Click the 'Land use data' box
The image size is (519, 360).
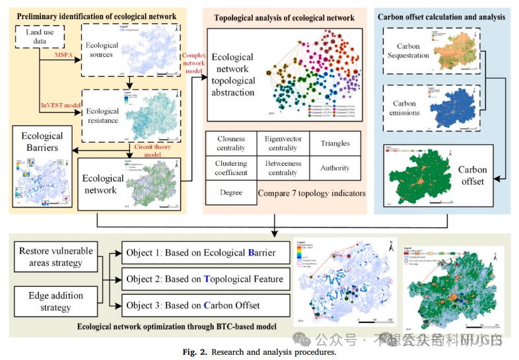pos(40,36)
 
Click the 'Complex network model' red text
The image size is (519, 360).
pos(193,63)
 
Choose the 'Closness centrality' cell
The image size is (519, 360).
pos(231,143)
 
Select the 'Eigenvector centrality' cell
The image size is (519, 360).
pos(283,143)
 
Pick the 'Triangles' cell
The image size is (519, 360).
pos(335,143)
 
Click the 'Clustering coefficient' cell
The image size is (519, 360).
pos(231,168)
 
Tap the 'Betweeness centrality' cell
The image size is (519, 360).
pos(283,168)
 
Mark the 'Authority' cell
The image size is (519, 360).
pos(335,168)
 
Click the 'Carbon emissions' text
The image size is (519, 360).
pos(404,108)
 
